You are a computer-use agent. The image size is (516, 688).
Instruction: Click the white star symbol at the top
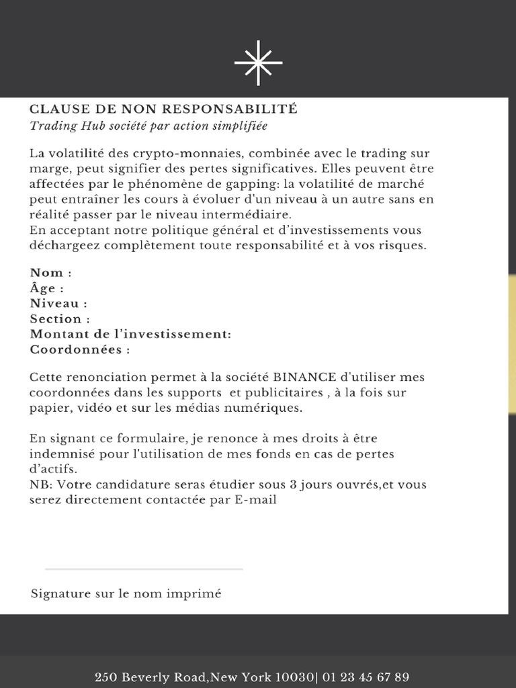coord(258,62)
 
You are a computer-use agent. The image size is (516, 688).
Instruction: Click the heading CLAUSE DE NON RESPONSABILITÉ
coord(163,109)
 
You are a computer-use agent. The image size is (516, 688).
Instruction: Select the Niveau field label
coord(58,304)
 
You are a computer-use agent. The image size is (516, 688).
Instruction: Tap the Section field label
coord(60,319)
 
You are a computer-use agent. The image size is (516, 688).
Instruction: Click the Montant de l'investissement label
coord(130,335)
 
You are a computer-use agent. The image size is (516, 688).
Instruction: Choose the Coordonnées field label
coord(79,350)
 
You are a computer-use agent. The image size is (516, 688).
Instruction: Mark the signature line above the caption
coord(144,569)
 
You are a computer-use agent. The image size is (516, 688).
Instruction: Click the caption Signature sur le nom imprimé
coord(126,594)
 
